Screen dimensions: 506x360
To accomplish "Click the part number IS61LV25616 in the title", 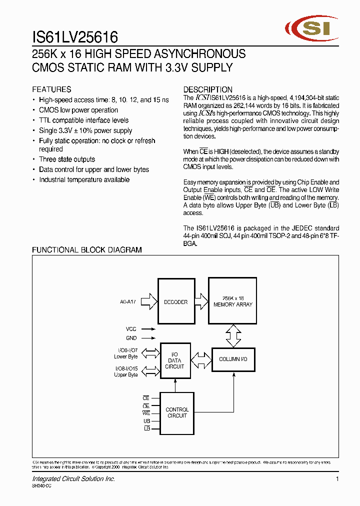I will pos(75,37).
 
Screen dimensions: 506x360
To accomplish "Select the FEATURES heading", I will pos(51,89).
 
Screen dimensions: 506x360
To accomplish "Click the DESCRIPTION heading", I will pos(207,89).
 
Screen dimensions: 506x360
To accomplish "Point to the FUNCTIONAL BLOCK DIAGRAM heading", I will pos(87,250).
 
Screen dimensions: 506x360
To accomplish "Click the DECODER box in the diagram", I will pos(176,302).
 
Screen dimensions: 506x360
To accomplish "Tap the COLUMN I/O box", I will pos(233,359).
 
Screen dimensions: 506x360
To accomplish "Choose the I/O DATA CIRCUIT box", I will pos(174,360).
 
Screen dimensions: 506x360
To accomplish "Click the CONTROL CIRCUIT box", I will pos(177,412).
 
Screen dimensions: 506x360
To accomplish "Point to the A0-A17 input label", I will pos(128,302).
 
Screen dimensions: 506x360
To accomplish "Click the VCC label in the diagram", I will pos(131,329).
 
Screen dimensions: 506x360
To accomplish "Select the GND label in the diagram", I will pos(131,338).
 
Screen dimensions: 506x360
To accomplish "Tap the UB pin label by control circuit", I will pos(146,421).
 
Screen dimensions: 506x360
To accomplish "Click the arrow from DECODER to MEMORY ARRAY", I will pos(201,301).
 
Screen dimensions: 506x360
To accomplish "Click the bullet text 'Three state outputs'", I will pos(67,159).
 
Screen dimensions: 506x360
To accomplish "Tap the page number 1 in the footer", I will pos(337,479).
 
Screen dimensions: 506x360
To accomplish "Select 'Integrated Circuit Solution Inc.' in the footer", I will pos(73,479).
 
